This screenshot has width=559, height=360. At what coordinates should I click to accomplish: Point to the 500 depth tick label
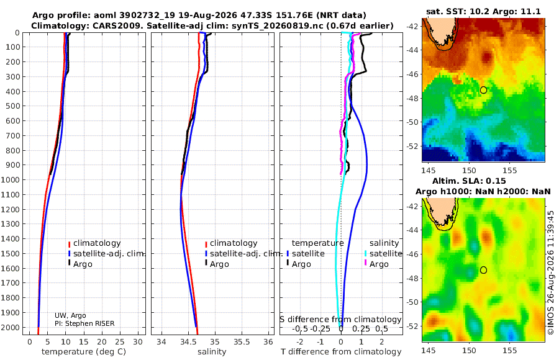click(12, 106)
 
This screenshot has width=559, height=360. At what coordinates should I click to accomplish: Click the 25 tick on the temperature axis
click(120, 342)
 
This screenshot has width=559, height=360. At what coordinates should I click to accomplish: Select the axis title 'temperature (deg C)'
click(84, 352)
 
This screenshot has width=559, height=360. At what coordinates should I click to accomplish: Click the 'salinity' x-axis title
click(212, 352)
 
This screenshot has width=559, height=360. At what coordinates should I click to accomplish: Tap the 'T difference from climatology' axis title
click(341, 352)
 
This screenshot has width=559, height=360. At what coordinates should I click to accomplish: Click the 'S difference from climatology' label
click(341, 320)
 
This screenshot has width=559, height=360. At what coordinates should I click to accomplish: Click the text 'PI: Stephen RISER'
click(84, 323)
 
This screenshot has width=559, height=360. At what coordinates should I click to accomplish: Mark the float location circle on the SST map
click(483, 90)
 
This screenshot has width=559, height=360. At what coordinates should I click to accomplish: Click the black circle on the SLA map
click(483, 270)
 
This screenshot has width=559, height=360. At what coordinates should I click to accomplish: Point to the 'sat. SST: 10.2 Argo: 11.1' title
click(483, 11)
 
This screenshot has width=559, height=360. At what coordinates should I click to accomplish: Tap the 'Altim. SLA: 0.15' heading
click(469, 181)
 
